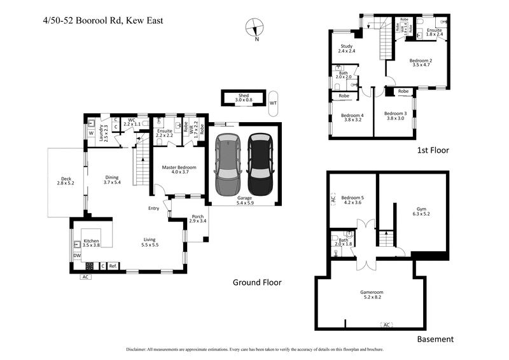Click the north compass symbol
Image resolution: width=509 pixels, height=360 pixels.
point(255,27)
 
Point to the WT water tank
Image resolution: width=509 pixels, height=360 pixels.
point(274,102)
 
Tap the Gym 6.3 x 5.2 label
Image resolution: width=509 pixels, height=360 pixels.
point(421,212)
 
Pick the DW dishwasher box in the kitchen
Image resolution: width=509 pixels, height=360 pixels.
point(76,256)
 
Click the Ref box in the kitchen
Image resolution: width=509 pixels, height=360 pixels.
point(113,265)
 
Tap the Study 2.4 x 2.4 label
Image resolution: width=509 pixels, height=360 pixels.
point(347,48)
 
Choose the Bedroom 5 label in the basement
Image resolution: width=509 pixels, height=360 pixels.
point(352,199)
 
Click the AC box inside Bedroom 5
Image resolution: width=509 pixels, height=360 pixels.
point(333,199)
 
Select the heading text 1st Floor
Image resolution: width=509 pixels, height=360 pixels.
point(433,151)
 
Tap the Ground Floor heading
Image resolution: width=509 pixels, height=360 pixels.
point(257,282)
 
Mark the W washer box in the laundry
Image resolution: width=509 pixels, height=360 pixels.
point(91,134)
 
